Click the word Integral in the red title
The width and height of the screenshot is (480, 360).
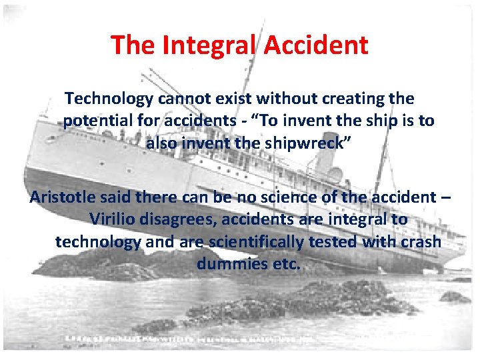coord(207,45)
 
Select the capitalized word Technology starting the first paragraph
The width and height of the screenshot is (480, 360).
coord(109,99)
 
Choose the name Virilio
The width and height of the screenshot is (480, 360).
coord(111,219)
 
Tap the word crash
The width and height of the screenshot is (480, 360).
coord(421,241)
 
